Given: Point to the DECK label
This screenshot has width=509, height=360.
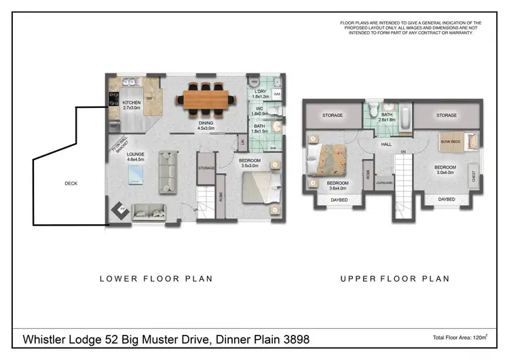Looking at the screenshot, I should coord(71,183).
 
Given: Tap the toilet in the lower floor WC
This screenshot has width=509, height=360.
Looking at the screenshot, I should coord(276,111).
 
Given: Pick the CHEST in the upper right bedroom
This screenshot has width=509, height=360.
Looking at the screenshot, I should coord(472,174).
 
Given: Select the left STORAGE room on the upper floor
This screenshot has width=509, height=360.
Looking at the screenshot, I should coord(332,115).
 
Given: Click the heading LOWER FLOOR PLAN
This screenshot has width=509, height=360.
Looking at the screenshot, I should coord(156,278).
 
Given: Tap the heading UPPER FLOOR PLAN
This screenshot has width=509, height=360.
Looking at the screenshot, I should coord(394,278).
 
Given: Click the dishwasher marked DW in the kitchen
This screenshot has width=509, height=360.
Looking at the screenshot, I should coord(149,98).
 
